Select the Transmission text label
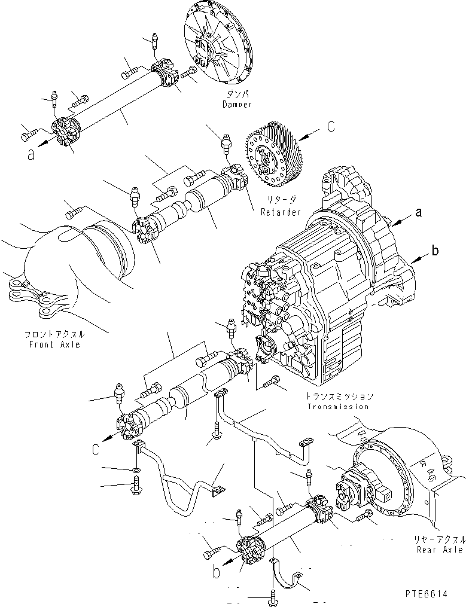339,407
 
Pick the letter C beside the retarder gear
330,127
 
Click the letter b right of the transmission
435,251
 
